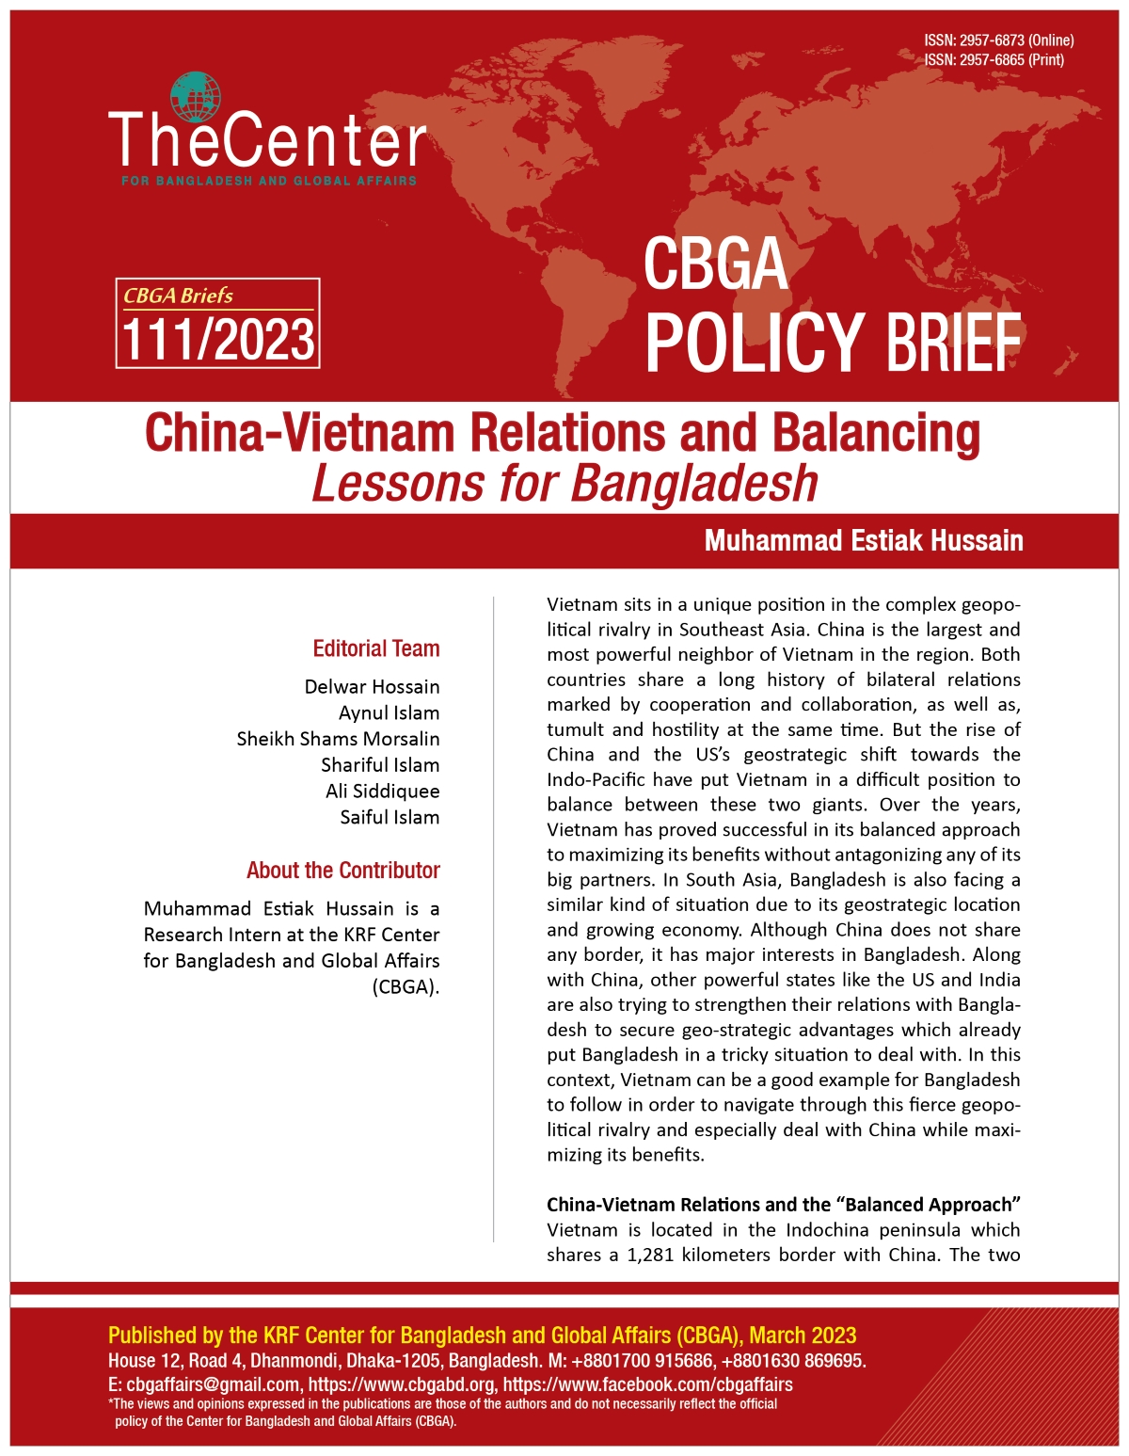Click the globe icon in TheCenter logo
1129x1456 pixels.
tap(197, 97)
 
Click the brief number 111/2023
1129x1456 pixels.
tap(218, 340)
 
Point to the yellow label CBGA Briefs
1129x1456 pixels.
tap(179, 296)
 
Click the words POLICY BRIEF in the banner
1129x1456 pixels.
tap(832, 343)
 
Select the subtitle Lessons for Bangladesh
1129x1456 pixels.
tap(564, 484)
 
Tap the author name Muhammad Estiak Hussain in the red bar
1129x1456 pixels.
tap(863, 540)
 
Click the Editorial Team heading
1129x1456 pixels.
tap(375, 648)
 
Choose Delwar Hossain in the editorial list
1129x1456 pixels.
tap(372, 687)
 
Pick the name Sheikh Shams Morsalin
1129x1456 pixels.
tap(338, 739)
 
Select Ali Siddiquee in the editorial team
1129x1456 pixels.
tap(382, 791)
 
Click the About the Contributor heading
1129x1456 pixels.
tap(342, 871)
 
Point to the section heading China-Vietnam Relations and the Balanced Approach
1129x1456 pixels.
tap(784, 1205)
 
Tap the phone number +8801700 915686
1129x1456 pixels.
tap(638, 1361)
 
